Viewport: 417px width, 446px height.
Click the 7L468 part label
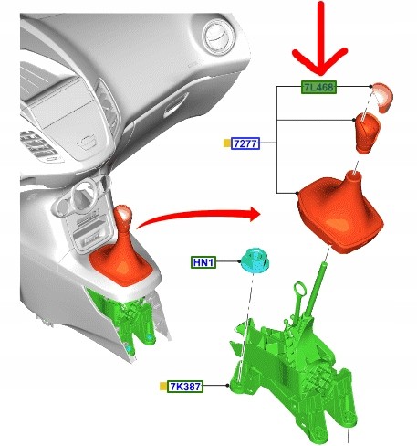[318, 88]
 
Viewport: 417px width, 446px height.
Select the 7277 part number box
[245, 143]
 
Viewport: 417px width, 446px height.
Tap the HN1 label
[203, 262]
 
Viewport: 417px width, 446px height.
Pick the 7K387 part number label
[185, 387]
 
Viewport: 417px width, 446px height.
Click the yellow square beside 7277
[227, 143]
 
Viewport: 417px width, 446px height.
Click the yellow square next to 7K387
[163, 387]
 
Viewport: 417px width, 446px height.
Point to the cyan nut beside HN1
[255, 260]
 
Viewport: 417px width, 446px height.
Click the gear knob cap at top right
[383, 97]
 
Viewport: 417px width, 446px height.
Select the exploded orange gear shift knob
[367, 133]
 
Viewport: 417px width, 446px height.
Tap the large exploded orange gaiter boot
[340, 212]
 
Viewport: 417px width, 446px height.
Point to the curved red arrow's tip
[260, 214]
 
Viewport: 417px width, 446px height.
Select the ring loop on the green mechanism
[299, 289]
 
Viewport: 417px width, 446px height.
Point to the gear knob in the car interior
[122, 215]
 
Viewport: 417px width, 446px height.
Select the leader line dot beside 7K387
[227, 386]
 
